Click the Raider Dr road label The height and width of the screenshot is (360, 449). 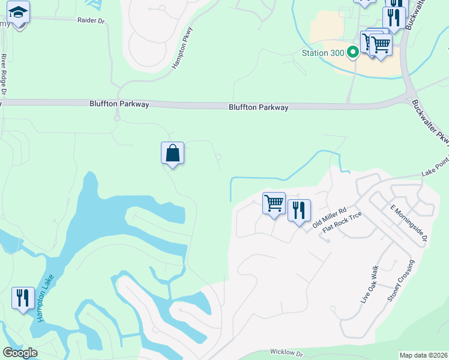(91, 20)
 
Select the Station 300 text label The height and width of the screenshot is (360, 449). (323, 53)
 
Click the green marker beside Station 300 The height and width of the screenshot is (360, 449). (353, 53)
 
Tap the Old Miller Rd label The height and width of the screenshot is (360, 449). (330, 218)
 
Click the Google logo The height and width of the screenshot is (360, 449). (20, 353)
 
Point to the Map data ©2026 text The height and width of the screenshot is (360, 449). (423, 355)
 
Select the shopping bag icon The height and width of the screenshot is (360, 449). (173, 153)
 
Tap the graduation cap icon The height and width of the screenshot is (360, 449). (19, 12)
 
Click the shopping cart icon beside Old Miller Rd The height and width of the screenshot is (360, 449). (274, 203)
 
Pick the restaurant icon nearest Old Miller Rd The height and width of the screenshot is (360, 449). (299, 210)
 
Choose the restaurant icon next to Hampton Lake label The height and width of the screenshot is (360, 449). (23, 298)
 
